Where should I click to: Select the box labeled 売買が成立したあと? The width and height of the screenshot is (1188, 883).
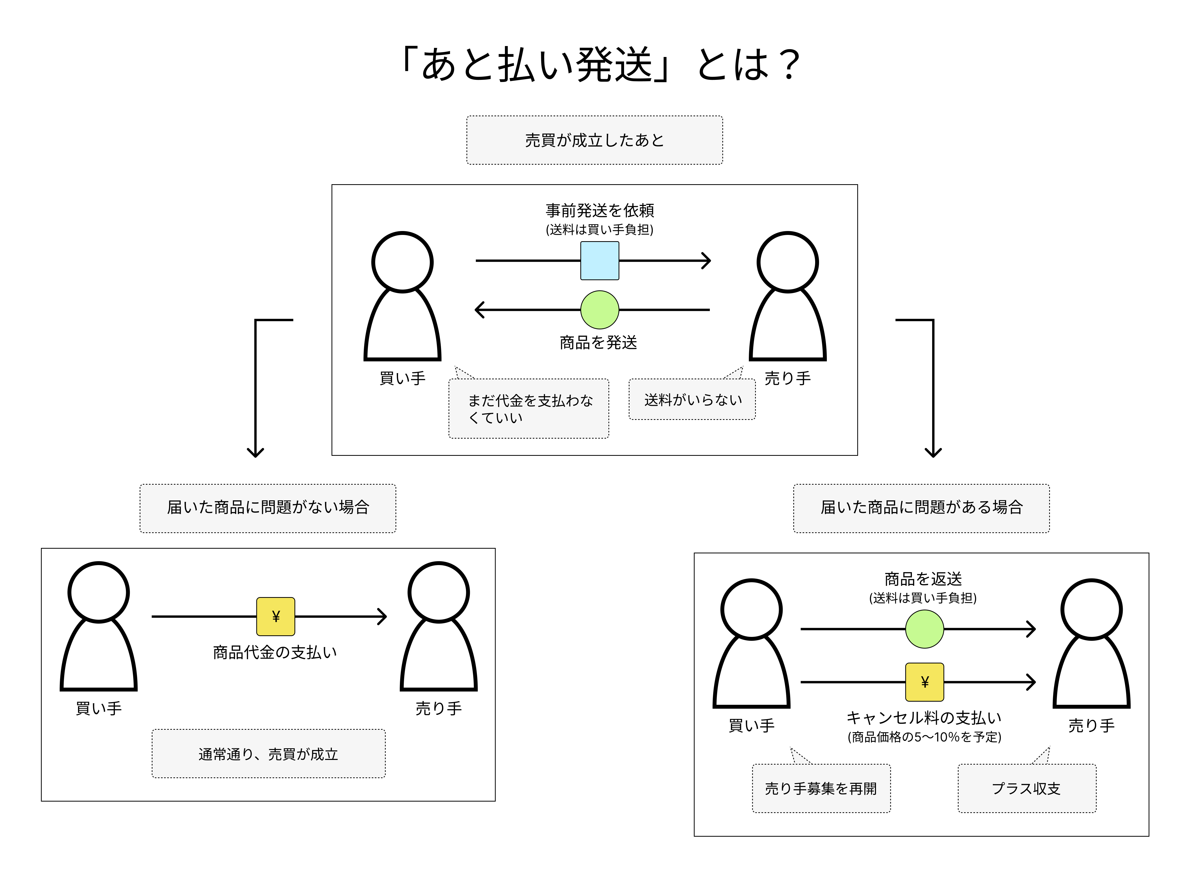coord(595,140)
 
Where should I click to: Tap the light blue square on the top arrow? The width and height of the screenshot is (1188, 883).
coord(600,261)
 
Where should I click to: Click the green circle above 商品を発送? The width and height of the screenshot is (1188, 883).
coord(600,310)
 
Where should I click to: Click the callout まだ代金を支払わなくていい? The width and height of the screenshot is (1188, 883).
coord(529,409)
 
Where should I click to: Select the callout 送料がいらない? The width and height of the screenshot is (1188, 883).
coord(692,400)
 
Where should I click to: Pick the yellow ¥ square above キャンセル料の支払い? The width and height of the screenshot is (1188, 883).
coord(925,682)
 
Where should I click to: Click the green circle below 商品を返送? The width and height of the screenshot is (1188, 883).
coord(925,629)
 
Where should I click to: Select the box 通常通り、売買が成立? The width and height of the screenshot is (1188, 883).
coord(269,754)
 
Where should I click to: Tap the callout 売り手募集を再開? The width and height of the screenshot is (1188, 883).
coord(821,788)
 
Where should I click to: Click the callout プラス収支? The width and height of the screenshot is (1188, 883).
coord(1027,788)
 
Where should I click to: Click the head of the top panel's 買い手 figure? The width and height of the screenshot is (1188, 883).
coord(402,262)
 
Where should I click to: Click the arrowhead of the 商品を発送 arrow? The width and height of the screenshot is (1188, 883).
coord(478,310)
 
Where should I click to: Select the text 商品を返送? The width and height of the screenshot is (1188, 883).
coord(923,579)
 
